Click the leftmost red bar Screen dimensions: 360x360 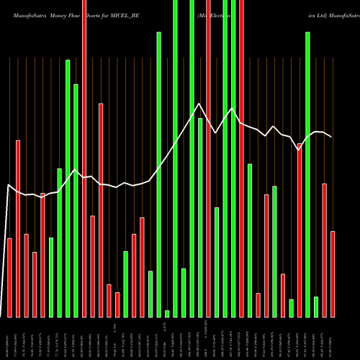[x=9, y=277]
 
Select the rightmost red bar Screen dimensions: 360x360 [x=333, y=274]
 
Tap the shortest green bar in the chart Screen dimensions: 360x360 [x=167, y=313]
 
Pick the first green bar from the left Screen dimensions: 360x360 [x=51, y=277]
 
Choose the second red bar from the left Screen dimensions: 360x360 [x=18, y=228]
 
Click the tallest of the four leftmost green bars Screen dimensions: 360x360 [x=68, y=188]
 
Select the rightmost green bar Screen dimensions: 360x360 [x=316, y=306]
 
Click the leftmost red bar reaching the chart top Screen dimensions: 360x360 [x=84, y=158]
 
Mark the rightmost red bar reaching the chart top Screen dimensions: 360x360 [x=241, y=158]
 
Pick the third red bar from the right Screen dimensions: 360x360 [x=300, y=230]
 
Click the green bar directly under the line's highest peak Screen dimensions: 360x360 [x=200, y=217]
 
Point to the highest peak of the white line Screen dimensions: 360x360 [x=199, y=104]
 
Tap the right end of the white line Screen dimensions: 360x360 [x=332, y=137]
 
